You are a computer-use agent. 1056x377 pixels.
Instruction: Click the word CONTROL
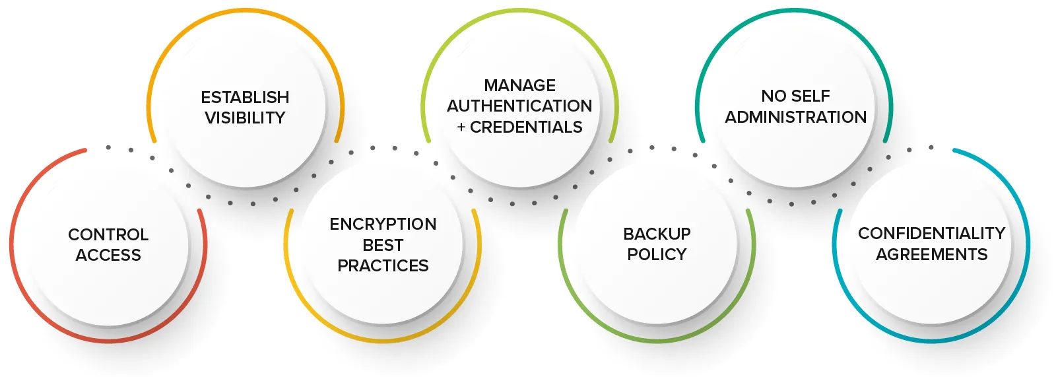coord(108,234)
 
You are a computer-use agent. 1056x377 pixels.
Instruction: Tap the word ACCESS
coord(108,255)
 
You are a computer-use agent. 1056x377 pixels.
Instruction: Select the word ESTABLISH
coord(245,98)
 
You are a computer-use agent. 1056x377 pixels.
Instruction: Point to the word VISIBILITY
coord(245,118)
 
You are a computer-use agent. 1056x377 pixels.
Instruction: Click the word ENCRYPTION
coord(383,224)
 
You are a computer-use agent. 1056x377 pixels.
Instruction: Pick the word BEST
coord(383,245)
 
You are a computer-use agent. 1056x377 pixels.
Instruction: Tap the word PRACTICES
coord(383,265)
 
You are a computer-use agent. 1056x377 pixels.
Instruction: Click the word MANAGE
coord(520,86)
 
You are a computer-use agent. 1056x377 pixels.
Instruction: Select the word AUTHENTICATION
coord(520,106)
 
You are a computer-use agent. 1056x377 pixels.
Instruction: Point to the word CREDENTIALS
coord(526,127)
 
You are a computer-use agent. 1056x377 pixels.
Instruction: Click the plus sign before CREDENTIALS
coord(461,127)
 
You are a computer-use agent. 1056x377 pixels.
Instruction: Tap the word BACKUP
coord(657,234)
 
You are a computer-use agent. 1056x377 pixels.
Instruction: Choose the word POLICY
coord(657,254)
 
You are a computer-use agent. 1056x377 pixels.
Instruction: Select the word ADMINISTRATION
coord(796,117)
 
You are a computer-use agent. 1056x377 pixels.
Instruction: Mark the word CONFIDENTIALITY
coord(931,234)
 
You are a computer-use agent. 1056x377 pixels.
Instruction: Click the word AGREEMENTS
coord(931,254)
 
